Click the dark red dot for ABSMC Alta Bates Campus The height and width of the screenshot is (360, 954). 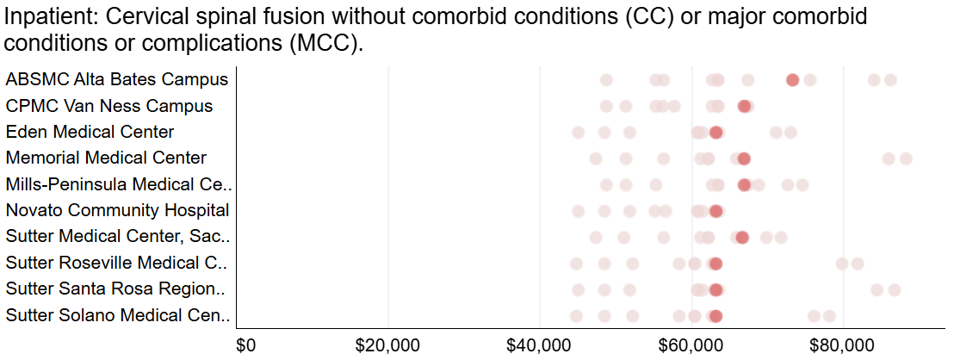point(792,80)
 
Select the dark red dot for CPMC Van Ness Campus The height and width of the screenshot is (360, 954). point(744,107)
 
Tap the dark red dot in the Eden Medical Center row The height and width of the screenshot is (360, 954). point(716,133)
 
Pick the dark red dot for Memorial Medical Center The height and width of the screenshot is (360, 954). point(744,158)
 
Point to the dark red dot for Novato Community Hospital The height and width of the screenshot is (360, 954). point(716,211)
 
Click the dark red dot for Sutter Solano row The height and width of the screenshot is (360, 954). point(716,316)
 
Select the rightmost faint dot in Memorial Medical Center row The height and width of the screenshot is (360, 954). point(906,158)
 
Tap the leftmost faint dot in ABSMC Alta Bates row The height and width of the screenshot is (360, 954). point(606,80)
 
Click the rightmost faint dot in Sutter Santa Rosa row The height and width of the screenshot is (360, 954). point(894,290)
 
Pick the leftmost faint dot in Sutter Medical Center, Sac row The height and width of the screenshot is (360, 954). point(596,237)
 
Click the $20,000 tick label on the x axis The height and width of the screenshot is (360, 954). point(388,345)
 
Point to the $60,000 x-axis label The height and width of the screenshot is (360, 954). point(691,345)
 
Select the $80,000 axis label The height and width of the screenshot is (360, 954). point(843,345)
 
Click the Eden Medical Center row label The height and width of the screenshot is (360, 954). point(90,132)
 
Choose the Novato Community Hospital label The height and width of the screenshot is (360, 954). point(117,210)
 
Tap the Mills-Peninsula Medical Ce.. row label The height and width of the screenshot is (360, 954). point(119,184)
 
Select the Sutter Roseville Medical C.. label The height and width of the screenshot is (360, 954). point(116,263)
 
